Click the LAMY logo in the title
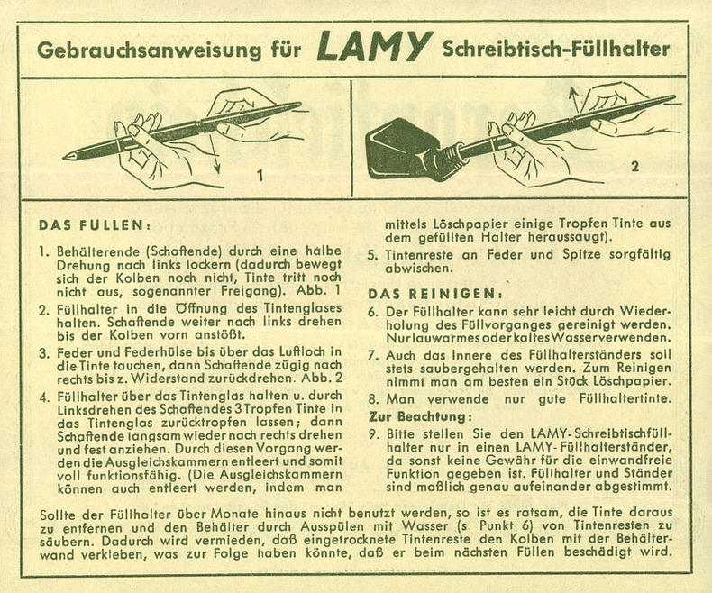click(372, 47)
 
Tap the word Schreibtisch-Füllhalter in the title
click(555, 49)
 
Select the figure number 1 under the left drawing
click(260, 177)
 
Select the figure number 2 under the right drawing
click(634, 167)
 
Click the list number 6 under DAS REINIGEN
click(373, 310)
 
